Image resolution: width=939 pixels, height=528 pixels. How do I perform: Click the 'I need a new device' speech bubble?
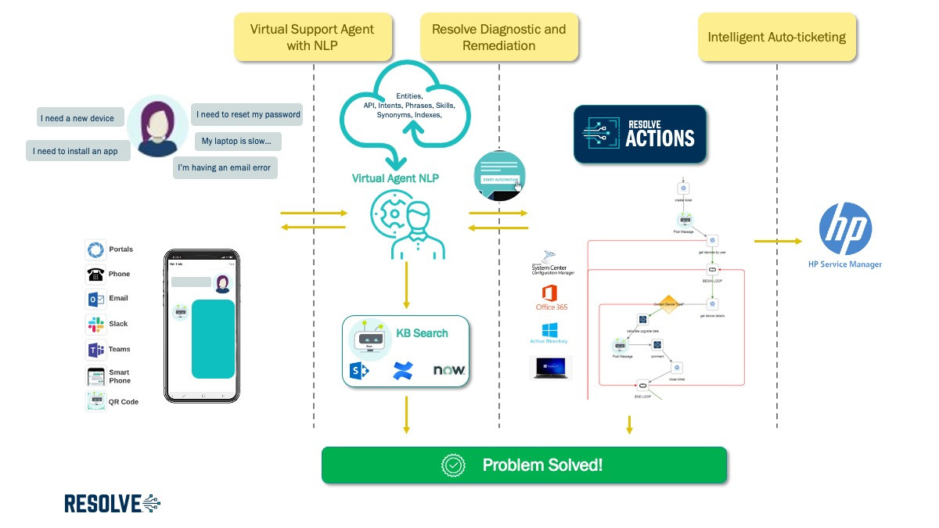click(77, 118)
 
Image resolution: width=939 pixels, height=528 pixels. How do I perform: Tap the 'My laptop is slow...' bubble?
click(237, 142)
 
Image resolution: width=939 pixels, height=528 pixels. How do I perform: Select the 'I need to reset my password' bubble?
click(248, 114)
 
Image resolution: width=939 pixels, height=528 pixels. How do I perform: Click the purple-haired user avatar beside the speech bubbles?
click(156, 126)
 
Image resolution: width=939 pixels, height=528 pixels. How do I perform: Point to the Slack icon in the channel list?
click(95, 324)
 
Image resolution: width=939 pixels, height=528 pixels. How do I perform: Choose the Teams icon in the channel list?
click(95, 350)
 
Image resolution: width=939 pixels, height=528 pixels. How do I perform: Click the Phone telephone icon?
click(95, 275)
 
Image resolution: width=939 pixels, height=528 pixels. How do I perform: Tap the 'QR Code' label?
click(123, 402)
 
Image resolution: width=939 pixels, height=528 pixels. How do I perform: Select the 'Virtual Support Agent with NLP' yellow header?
click(312, 38)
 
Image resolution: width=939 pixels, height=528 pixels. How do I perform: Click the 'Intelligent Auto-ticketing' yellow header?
click(776, 38)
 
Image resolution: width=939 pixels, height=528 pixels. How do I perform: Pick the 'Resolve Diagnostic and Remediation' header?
click(498, 38)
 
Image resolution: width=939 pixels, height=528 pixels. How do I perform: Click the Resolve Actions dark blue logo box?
click(639, 135)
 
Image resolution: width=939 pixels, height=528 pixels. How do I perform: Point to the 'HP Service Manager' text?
click(845, 264)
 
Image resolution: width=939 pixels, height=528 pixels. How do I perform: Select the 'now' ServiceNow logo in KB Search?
click(449, 370)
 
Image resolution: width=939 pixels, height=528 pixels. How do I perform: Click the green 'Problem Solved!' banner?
click(524, 465)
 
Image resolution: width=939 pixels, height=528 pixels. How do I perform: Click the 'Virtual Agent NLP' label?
click(395, 178)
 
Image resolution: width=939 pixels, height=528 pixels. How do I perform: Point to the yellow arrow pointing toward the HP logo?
click(778, 241)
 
